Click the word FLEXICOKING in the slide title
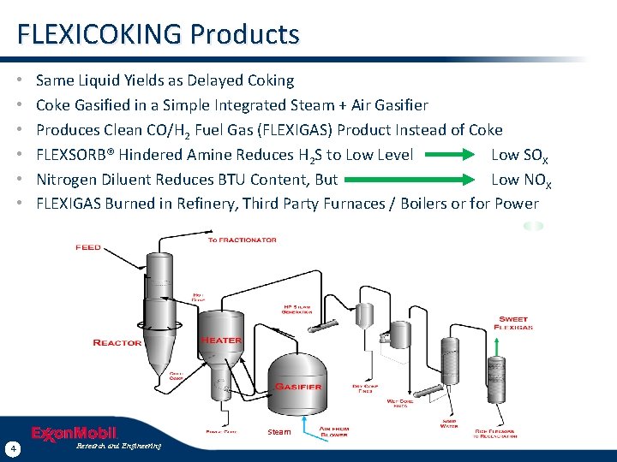100,34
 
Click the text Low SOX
519,155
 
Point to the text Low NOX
520,180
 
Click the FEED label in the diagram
88,247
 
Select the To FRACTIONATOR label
243,240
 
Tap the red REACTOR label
117,343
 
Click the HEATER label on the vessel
221,341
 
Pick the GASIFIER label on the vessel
298,387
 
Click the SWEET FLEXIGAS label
514,323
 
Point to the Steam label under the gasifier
279,432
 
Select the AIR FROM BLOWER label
333,432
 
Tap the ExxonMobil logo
74,434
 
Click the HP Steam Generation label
298,309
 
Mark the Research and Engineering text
118,446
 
